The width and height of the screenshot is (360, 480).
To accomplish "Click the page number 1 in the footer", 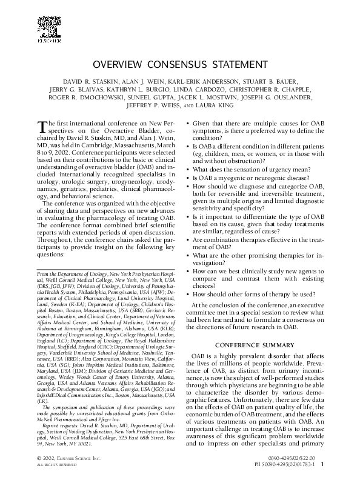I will pos(321,465).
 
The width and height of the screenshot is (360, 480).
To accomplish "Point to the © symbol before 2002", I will pos(39,458).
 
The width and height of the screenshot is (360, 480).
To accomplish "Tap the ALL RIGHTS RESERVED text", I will pos(55,465).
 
